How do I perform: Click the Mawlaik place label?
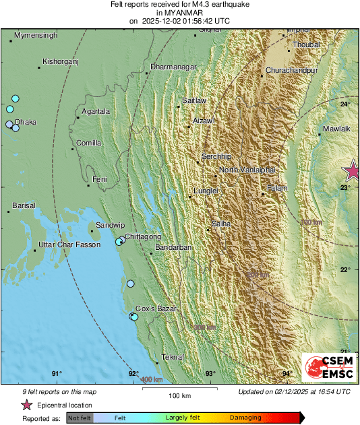[x=338, y=128]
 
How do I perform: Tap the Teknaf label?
[x=173, y=358]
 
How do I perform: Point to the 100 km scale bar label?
[x=180, y=395]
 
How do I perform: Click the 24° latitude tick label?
[x=344, y=104]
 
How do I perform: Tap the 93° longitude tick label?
[x=210, y=374]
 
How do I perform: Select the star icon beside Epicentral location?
[x=26, y=405]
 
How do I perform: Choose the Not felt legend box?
[x=80, y=418]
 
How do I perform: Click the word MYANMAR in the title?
[x=179, y=13]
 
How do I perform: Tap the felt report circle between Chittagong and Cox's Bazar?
[x=131, y=284]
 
